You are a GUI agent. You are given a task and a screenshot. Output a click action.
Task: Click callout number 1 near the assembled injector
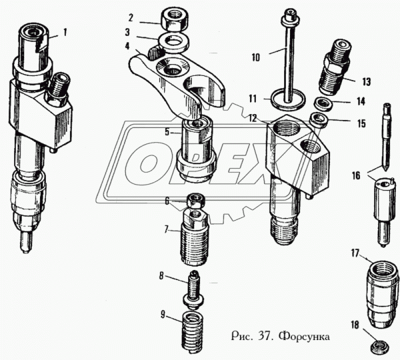[x=65, y=31]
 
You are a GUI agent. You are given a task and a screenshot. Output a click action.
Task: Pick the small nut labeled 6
[x=195, y=199]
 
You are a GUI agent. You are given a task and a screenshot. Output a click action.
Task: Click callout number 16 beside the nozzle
[x=355, y=175]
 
